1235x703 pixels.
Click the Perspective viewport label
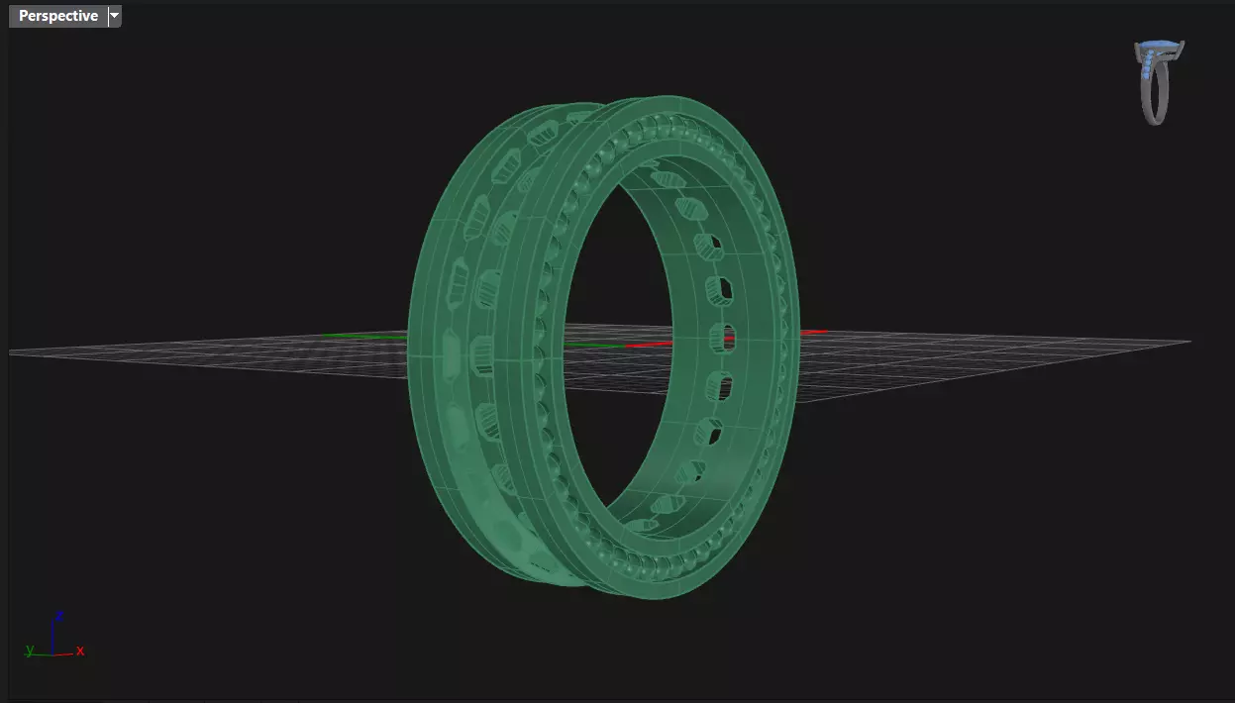coord(57,16)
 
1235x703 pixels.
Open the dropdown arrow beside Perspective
coord(115,16)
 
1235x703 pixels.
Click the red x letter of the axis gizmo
coord(80,651)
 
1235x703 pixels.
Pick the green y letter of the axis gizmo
coord(30,650)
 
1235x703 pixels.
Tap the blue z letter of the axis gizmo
coord(59,615)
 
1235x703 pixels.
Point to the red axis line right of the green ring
coord(812,332)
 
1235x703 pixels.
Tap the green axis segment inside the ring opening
coord(594,346)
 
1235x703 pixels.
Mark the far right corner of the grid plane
coord(1189,342)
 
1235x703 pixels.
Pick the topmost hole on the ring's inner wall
coord(669,179)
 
